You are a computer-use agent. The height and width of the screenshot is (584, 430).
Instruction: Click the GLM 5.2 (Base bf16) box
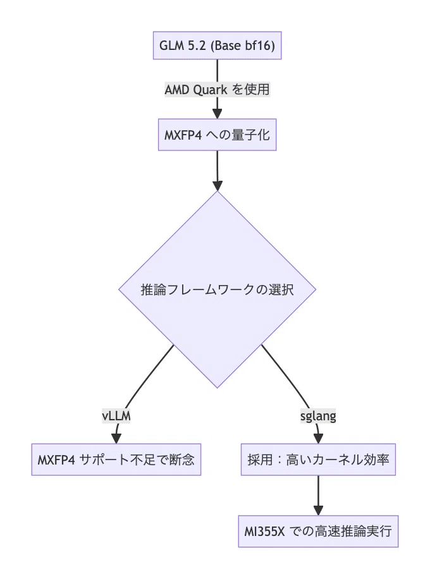218,46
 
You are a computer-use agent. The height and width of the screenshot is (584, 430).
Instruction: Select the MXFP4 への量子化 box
218,135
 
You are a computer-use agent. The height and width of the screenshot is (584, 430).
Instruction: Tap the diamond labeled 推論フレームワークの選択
218,289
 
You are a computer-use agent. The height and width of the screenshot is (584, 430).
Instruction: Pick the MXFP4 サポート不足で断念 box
116,459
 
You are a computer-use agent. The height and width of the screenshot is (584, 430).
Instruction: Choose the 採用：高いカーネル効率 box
318,459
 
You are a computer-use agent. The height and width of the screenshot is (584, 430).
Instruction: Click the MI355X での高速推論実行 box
318,532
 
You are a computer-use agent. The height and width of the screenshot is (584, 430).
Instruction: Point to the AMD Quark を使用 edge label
218,89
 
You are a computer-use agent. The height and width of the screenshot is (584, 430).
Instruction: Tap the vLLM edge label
116,416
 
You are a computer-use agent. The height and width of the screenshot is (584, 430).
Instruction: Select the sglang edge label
318,416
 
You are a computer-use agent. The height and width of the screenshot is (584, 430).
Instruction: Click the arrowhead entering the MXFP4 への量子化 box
218,114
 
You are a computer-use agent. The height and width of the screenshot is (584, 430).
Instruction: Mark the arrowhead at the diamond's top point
218,185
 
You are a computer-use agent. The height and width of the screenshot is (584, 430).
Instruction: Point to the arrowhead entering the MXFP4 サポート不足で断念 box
116,439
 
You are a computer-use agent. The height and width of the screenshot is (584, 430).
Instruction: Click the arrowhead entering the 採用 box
318,439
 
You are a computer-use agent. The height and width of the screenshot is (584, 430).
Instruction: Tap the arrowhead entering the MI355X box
318,511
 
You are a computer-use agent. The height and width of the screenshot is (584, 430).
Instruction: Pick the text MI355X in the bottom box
264,532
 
